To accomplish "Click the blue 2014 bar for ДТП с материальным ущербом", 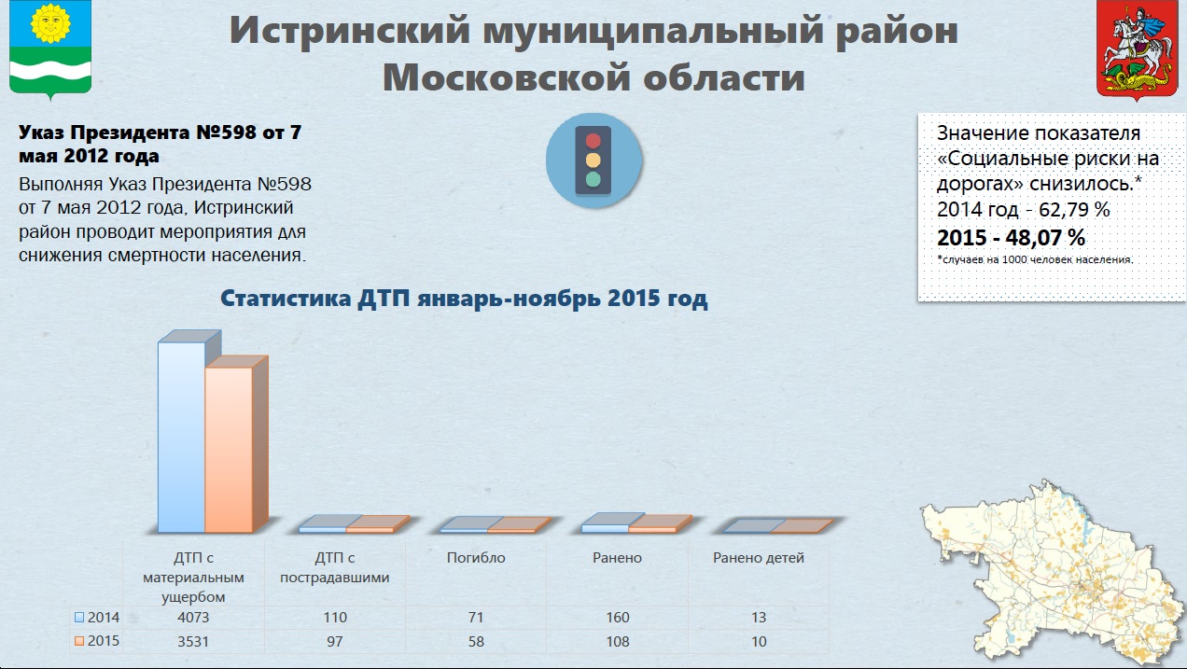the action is click(182, 437).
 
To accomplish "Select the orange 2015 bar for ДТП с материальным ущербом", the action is click(229, 449).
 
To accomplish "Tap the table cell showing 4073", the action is click(193, 617).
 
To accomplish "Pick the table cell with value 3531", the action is click(193, 641).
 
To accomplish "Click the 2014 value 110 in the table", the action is click(335, 617).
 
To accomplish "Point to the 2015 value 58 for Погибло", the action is click(476, 641).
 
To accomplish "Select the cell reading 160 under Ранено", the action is click(618, 617).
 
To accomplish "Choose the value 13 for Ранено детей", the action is click(759, 617).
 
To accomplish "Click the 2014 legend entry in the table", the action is click(97, 617).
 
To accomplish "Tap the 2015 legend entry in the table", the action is click(97, 641).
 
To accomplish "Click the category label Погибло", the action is click(476, 558).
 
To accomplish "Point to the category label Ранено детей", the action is click(759, 558).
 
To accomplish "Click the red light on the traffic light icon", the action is click(593, 141).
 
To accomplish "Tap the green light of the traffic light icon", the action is click(593, 179).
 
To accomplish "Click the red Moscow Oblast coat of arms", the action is click(1137, 49).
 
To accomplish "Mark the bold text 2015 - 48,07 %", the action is click(1011, 238).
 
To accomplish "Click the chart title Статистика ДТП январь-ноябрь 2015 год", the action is click(464, 299).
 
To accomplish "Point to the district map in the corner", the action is click(1052, 572).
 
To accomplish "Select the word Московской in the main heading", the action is click(508, 77).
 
